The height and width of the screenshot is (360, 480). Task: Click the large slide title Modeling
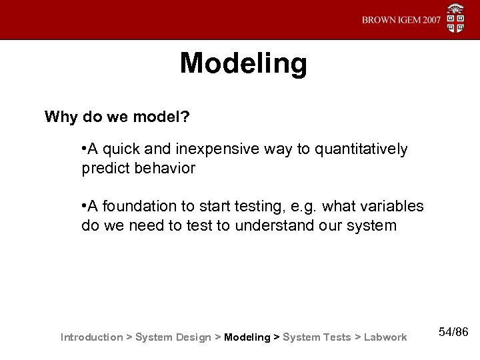243,64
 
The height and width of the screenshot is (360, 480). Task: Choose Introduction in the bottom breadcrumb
91,337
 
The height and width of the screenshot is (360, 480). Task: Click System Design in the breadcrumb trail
173,337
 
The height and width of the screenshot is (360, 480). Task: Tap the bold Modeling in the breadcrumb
247,337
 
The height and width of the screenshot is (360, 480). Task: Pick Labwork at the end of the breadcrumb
385,337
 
